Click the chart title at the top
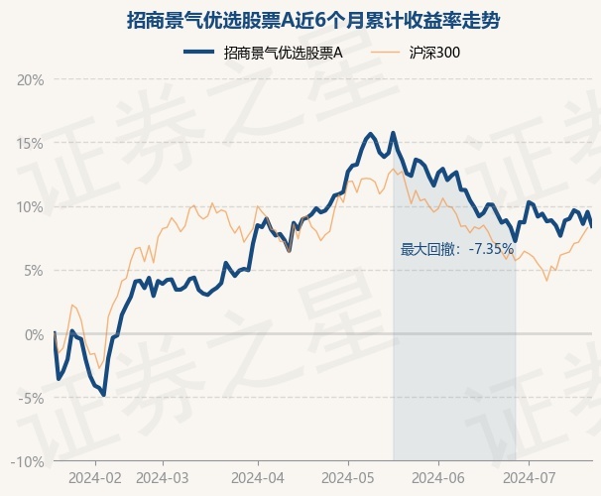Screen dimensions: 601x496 [313, 20]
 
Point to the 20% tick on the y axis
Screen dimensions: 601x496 [31, 80]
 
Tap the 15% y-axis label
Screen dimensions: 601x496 [31, 144]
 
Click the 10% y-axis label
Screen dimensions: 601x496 [31, 207]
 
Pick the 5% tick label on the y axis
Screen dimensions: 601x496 [34, 271]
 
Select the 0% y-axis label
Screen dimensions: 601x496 [34, 334]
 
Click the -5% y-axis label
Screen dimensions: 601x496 [31, 398]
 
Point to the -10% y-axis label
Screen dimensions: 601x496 [27, 462]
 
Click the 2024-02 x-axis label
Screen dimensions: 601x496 [95, 478]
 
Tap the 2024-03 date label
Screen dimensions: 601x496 [163, 478]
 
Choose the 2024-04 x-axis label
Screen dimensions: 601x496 [258, 478]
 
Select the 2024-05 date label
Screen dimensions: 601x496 [348, 478]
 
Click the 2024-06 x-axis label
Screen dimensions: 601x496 [438, 478]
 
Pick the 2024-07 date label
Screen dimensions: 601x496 [529, 478]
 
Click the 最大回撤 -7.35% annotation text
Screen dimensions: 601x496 [457, 250]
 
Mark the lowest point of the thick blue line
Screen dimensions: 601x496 [103, 395]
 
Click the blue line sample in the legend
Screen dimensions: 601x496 [199, 53]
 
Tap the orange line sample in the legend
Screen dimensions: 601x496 [385, 53]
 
